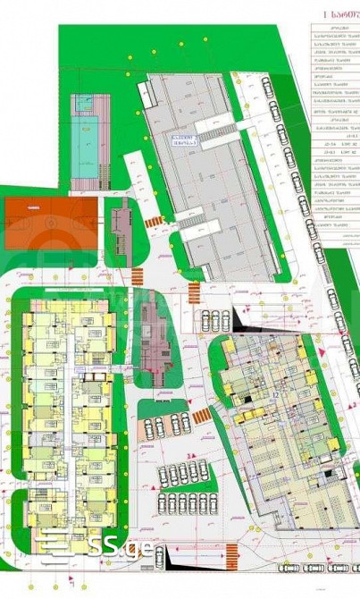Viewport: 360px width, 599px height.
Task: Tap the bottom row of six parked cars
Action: pyautogui.click(x=188, y=502)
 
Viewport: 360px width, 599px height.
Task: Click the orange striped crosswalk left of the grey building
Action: pyautogui.click(x=153, y=221)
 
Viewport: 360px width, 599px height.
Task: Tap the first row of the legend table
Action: pyautogui.click(x=335, y=30)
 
